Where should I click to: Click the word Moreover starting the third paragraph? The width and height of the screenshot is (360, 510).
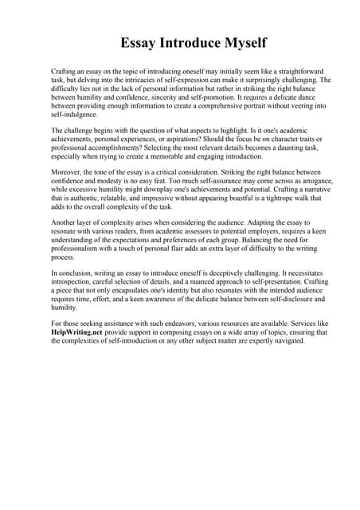[x=67, y=173]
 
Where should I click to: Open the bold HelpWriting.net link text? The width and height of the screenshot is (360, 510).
[x=80, y=335]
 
